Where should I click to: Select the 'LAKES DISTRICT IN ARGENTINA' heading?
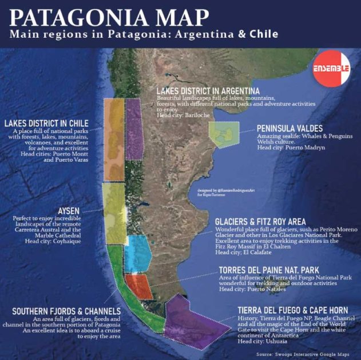[208, 91]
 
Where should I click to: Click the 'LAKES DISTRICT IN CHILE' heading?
[54, 123]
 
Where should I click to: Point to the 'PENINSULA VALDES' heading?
[289, 128]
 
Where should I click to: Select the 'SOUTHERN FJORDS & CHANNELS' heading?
[66, 311]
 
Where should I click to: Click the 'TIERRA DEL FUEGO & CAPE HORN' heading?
[293, 310]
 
